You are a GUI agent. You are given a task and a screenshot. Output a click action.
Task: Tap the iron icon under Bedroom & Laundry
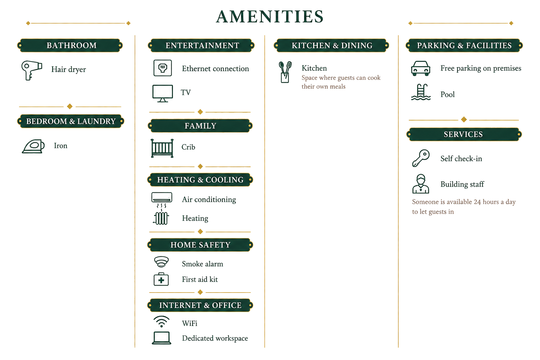click(33, 146)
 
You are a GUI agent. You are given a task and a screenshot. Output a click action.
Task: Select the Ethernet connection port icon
click(163, 68)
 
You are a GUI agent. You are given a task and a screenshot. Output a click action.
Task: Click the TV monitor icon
click(162, 93)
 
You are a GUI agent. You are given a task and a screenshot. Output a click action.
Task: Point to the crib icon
click(162, 148)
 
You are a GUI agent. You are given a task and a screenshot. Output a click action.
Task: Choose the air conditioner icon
click(162, 200)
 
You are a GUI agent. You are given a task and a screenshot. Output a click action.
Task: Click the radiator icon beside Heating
click(161, 218)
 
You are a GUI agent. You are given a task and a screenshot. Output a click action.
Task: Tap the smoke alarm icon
click(161, 262)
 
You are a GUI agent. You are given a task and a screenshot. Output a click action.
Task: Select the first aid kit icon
click(161, 279)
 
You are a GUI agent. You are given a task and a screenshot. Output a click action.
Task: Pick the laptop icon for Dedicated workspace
click(161, 338)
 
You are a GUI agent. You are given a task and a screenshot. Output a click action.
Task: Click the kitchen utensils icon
click(285, 72)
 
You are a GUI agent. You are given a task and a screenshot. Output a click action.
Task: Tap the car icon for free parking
click(420, 69)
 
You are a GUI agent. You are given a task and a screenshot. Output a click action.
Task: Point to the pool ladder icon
click(421, 92)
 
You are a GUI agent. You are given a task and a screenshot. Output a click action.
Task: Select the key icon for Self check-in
click(421, 158)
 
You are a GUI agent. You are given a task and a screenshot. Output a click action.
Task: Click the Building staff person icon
click(421, 184)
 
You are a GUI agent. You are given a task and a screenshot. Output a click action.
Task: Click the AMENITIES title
click(270, 17)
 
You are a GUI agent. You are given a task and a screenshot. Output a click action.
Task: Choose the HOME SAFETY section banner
click(200, 245)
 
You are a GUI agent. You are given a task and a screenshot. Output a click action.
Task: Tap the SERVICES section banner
click(464, 134)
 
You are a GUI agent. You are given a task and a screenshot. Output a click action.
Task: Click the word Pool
click(448, 94)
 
